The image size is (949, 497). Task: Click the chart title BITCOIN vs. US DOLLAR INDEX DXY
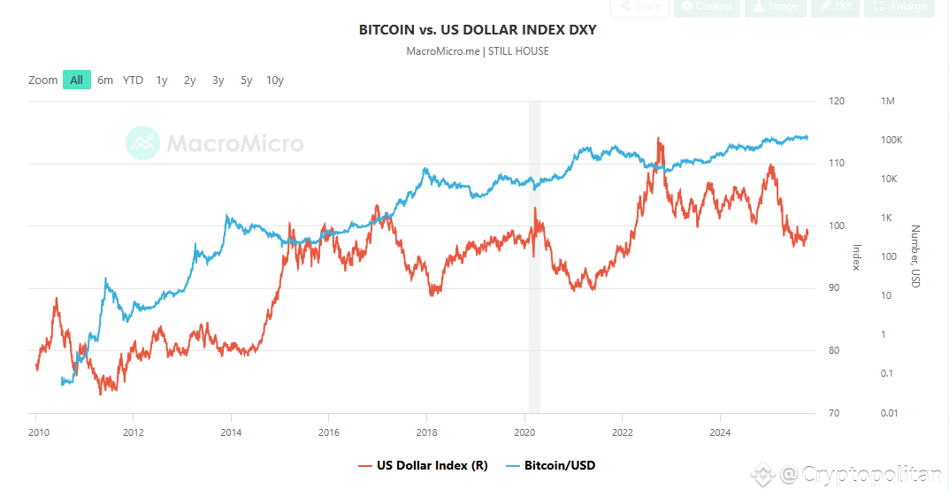click(478, 30)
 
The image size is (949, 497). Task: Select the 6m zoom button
click(105, 80)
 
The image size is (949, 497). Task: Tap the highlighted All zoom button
click(77, 80)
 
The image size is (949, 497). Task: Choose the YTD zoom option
click(133, 80)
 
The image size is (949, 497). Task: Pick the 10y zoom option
click(275, 80)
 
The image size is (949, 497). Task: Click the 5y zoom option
click(247, 80)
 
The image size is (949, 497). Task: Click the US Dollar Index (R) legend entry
click(423, 465)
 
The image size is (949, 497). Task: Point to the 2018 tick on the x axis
click(426, 432)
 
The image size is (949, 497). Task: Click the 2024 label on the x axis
click(720, 432)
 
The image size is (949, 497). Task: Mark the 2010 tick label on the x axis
click(36, 432)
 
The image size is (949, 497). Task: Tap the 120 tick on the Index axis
click(836, 102)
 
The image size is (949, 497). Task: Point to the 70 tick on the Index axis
click(834, 413)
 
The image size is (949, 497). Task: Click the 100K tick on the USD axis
click(892, 141)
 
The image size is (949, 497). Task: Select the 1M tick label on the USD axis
click(888, 102)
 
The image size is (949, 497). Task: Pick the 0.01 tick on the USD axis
click(890, 413)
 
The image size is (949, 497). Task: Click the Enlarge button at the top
click(899, 7)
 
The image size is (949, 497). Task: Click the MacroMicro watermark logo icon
click(142, 143)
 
